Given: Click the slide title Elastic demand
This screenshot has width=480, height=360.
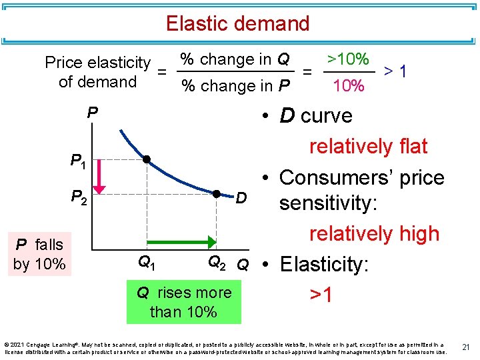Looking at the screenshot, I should click(238, 24).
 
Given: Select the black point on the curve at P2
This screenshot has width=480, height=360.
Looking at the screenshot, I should click(217, 194).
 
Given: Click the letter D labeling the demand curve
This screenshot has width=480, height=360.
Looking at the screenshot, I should click(242, 198).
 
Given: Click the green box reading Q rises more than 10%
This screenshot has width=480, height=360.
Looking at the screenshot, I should click(183, 302).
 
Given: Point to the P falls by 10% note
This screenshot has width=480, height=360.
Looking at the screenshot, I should click(39, 254).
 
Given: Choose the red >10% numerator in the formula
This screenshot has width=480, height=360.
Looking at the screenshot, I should click(347, 59).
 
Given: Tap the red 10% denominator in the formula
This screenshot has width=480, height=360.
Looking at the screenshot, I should click(348, 86).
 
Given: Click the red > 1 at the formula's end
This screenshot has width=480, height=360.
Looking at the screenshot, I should click(397, 71).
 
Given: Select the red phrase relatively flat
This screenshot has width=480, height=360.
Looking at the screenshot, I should click(368, 146).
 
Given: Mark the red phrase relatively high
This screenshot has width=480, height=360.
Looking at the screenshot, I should click(374, 233).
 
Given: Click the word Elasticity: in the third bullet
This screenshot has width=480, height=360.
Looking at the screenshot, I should click(324, 265).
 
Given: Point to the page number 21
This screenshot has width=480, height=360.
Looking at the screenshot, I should click(467, 346).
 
